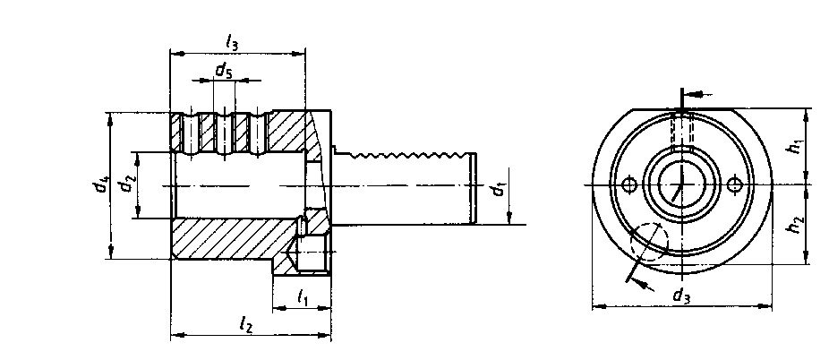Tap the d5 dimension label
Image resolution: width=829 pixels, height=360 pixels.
tap(223, 71)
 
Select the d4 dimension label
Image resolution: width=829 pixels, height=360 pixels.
tap(99, 185)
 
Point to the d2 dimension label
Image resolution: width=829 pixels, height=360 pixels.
tap(126, 184)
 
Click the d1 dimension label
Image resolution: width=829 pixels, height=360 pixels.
tap(498, 189)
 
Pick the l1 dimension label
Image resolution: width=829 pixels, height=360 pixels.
tap(302, 297)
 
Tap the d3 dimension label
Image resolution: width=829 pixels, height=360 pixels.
tap(681, 295)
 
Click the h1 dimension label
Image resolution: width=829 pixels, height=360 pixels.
tap(795, 147)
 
